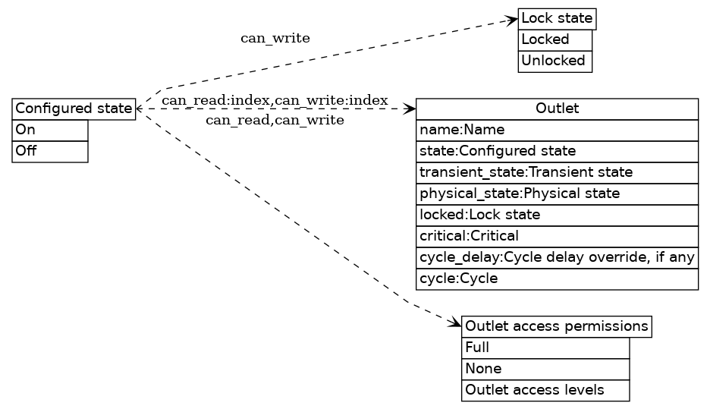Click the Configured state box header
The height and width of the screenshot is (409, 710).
tap(74, 109)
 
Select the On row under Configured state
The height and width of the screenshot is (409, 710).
tap(50, 130)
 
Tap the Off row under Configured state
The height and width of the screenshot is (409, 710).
tap(50, 151)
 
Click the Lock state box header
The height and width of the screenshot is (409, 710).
tap(556, 18)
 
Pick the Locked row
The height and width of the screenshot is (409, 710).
tap(554, 39)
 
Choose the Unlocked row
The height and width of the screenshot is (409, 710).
tap(554, 61)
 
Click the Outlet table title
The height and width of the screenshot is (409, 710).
tap(557, 109)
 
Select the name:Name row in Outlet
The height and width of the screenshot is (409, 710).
tap(557, 130)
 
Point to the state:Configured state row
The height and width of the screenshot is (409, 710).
tap(557, 151)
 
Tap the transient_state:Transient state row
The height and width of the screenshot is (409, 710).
tap(557, 172)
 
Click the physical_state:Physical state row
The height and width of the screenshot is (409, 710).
tap(557, 193)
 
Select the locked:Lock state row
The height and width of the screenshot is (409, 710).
tap(557, 215)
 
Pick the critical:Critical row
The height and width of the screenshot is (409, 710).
tap(557, 236)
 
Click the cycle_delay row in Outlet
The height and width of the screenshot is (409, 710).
tap(557, 257)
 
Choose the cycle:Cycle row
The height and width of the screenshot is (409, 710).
tap(557, 278)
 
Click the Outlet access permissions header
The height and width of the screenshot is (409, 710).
tap(556, 326)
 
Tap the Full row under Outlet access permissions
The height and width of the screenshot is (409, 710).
tap(545, 348)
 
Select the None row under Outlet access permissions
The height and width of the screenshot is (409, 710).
tap(545, 369)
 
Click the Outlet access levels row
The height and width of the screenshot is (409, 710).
tap(545, 390)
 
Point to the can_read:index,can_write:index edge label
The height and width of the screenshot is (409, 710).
tap(275, 100)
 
